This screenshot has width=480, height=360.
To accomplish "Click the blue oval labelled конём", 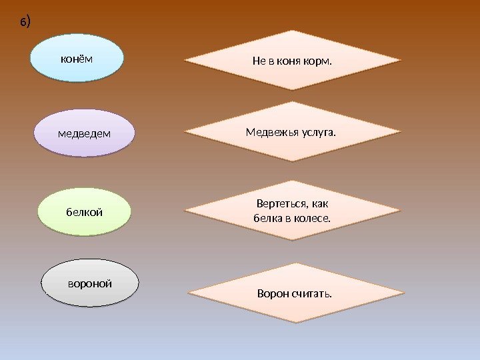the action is point(77,58).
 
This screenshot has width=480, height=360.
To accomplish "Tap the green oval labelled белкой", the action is point(84,212).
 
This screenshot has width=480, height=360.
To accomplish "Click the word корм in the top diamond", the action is point(317,61).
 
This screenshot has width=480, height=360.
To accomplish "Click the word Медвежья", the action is point(268,132).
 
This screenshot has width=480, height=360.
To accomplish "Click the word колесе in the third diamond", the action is point(312,218).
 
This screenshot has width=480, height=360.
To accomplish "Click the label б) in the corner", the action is point(25,23).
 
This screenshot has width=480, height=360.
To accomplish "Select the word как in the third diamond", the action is point(321,203).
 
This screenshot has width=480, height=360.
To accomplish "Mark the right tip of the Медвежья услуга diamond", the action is point(401,132).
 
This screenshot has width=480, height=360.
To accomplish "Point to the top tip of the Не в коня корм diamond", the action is point(292,31).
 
